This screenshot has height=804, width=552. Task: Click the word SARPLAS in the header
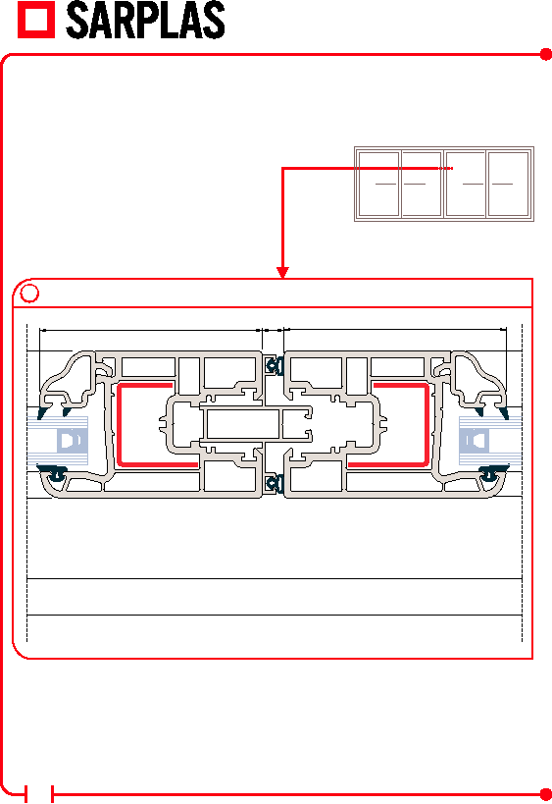click(x=145, y=20)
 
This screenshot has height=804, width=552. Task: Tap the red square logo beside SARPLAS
click(x=36, y=20)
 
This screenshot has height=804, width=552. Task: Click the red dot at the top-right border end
click(x=546, y=54)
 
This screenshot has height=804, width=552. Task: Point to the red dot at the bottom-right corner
click(x=546, y=794)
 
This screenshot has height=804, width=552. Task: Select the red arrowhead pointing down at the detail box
click(x=282, y=272)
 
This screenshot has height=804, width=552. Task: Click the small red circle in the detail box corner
click(x=29, y=294)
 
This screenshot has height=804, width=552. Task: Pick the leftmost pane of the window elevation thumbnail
click(x=378, y=184)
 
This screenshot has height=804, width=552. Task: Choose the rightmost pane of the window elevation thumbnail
click(x=509, y=184)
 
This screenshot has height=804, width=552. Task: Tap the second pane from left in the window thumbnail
click(x=421, y=184)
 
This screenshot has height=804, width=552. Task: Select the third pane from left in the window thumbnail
click(x=466, y=184)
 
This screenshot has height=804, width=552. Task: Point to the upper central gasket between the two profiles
click(x=275, y=365)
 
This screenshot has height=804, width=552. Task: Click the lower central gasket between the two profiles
click(x=275, y=484)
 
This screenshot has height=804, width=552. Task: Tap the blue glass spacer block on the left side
click(x=72, y=441)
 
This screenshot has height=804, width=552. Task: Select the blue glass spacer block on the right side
click(x=476, y=441)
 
